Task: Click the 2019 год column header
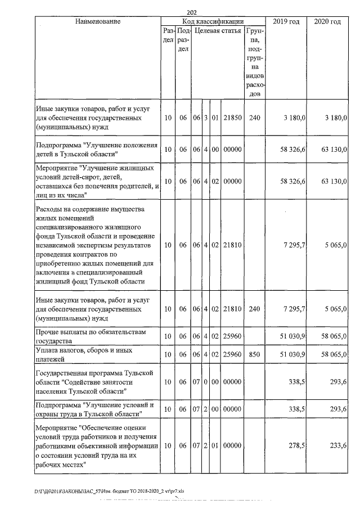(x=286, y=21)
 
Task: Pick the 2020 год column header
(x=327, y=21)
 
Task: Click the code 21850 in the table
(x=232, y=118)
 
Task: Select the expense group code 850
(x=255, y=354)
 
